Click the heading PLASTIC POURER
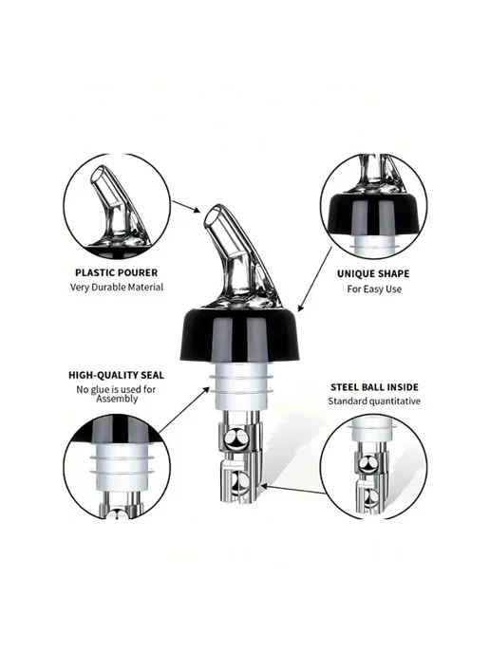click(x=116, y=272)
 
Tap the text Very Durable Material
click(x=116, y=287)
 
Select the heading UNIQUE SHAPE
click(x=373, y=273)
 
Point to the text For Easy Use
click(x=374, y=289)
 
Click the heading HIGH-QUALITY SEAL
click(x=116, y=375)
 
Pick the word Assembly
click(x=117, y=399)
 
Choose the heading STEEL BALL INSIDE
click(x=374, y=387)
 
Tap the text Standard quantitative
click(x=374, y=401)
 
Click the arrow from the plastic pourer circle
click(x=186, y=207)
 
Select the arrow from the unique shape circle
click(x=315, y=279)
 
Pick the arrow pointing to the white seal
click(x=184, y=409)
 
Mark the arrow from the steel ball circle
click(x=292, y=490)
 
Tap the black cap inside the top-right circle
click(x=373, y=215)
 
